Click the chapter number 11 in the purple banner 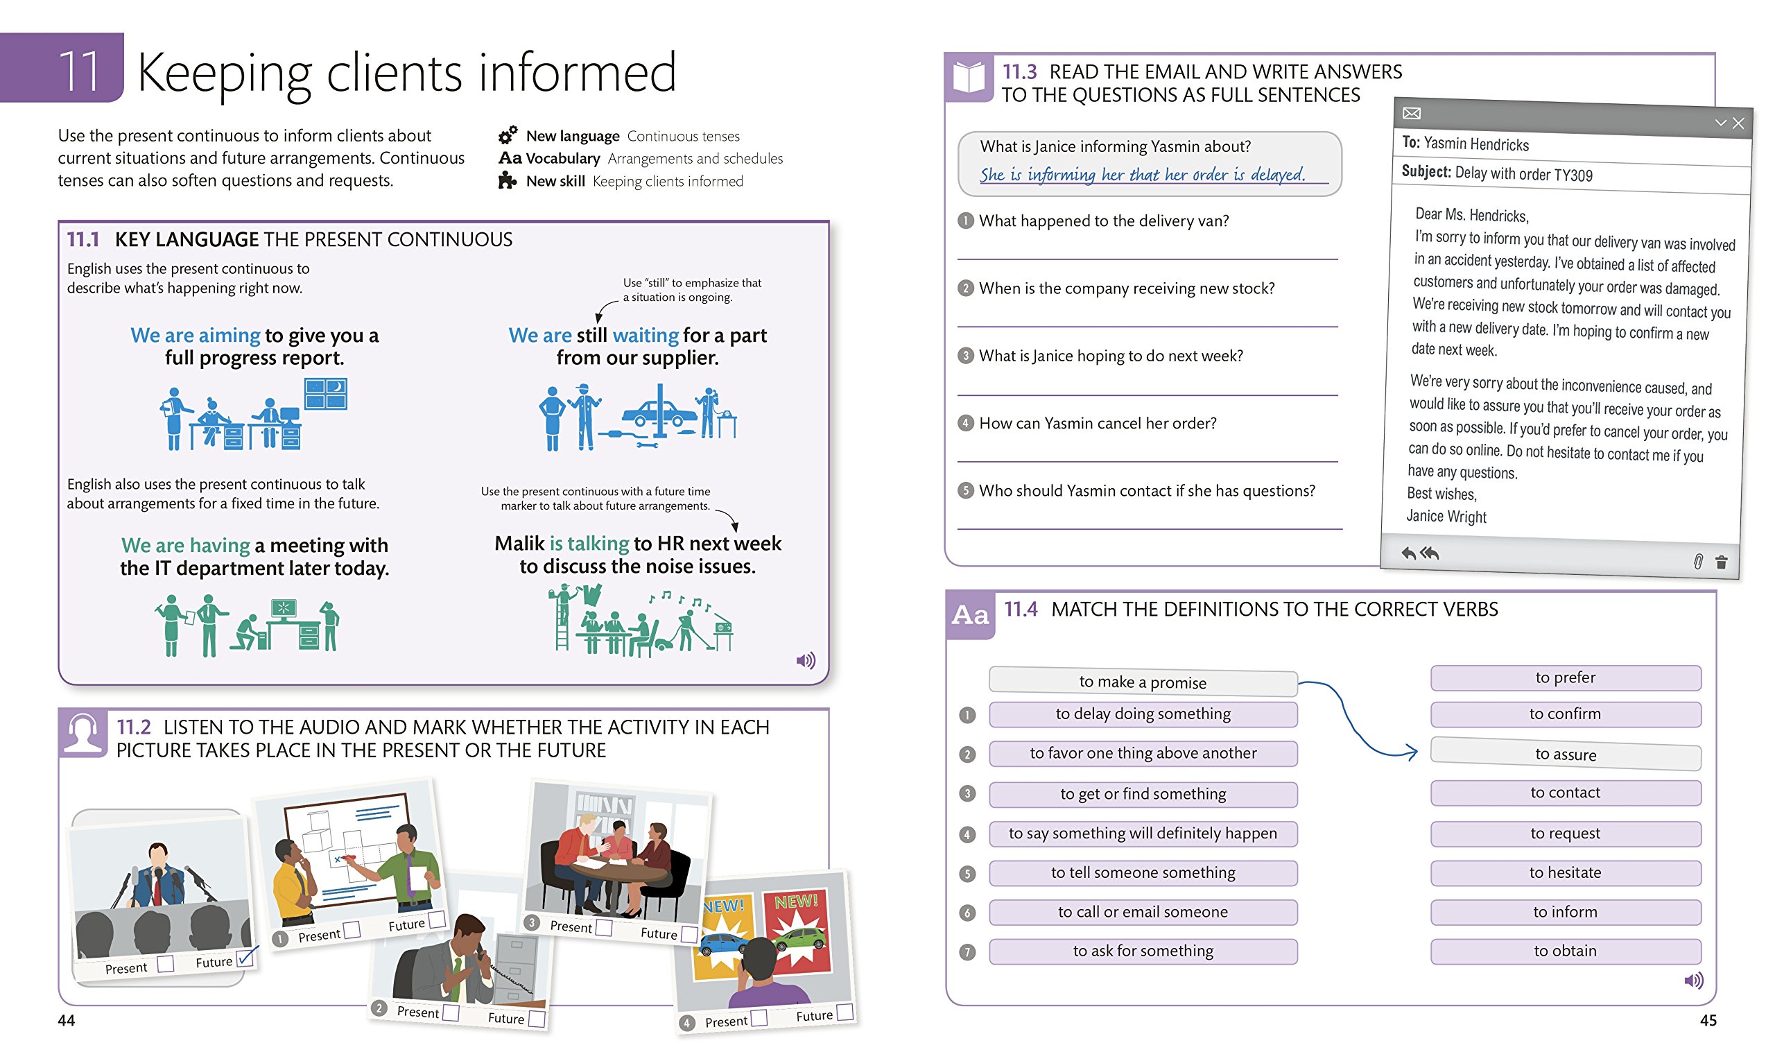pos(79,71)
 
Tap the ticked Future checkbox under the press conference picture pos(245,958)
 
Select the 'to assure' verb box pos(1565,754)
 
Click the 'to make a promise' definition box pos(1143,682)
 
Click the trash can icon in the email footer pos(1721,562)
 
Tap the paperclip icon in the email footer pos(1698,561)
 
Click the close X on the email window pos(1738,123)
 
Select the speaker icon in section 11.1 pos(806,660)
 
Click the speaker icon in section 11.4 pos(1693,980)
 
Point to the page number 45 pos(1708,1020)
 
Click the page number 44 pos(67,1020)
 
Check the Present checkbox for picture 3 pos(604,927)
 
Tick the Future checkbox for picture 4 pos(845,1012)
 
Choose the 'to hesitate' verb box pos(1565,872)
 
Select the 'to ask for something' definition pos(1143,951)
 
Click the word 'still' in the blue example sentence pos(591,335)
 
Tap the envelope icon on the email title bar pos(1411,113)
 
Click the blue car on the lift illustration pos(659,413)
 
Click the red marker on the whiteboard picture pos(348,857)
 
